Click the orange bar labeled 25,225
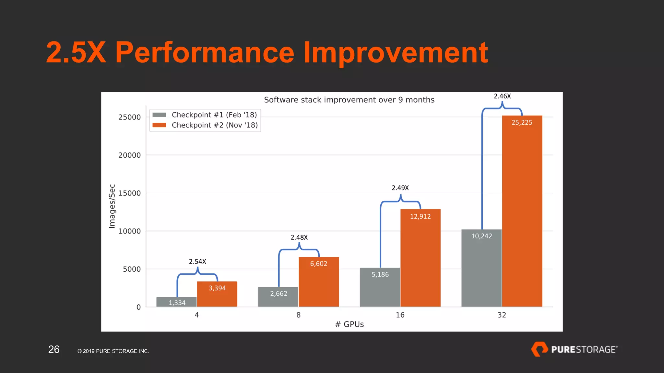[x=522, y=210]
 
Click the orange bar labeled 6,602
[x=319, y=282]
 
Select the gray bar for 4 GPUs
[x=176, y=302]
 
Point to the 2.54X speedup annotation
[x=197, y=262]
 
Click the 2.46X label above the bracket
[x=502, y=96]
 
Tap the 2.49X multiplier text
[x=400, y=188]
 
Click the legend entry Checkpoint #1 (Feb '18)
[x=214, y=115]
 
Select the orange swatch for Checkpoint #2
[x=159, y=125]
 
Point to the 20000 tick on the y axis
[x=130, y=155]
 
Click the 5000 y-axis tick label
[x=132, y=269]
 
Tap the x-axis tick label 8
[x=298, y=315]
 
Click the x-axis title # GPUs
[x=349, y=324]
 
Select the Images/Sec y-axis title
[x=112, y=206]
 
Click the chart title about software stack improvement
[x=349, y=100]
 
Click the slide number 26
[x=54, y=349]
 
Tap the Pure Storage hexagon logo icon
[x=539, y=349]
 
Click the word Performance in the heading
[x=205, y=52]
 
